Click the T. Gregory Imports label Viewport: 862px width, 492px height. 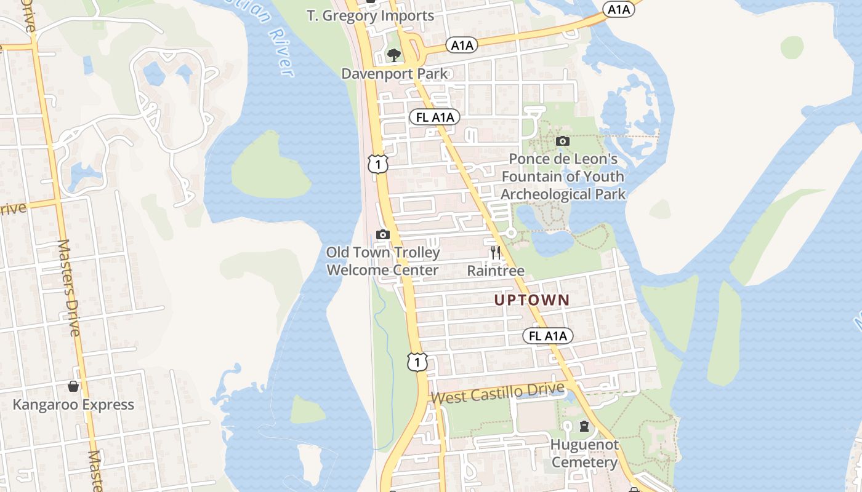[371, 16]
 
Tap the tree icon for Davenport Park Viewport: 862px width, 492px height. [394, 55]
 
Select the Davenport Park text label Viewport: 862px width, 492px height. [395, 74]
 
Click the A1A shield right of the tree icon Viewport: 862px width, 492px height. [462, 45]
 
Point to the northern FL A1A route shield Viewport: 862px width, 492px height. [435, 117]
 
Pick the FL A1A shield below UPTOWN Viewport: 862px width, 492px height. [548, 336]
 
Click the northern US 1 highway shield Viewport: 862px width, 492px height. [378, 164]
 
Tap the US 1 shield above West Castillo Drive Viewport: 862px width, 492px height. [417, 362]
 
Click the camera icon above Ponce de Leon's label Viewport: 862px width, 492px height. [562, 141]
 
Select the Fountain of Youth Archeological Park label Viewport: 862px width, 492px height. [563, 177]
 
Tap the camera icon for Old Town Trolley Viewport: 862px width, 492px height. [382, 234]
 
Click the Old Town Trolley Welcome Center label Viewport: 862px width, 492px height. [382, 261]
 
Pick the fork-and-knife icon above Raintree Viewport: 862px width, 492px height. [495, 252]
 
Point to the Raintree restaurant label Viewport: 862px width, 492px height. [496, 271]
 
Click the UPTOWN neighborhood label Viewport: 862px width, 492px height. [532, 300]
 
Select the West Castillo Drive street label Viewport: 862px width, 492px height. [497, 393]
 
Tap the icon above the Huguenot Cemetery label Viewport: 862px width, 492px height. [584, 426]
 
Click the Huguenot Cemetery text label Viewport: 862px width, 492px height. [584, 453]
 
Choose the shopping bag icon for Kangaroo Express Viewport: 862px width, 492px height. [73, 386]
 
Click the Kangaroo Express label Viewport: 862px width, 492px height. [73, 405]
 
